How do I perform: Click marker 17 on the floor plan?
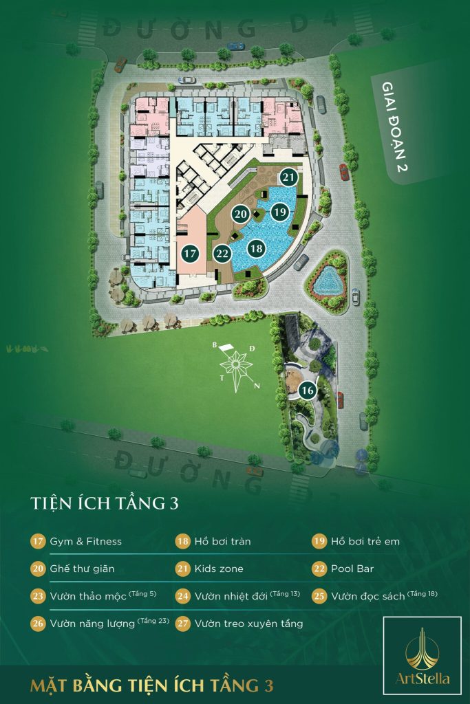pos(191,253)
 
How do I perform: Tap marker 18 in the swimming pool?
pos(256,248)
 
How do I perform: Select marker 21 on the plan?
pos(289,177)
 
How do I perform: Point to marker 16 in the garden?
pos(308,390)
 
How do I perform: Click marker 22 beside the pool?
pos(222,253)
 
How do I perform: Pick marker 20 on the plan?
pos(240,214)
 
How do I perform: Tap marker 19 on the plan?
pos(279,212)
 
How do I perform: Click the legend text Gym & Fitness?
pos(85,542)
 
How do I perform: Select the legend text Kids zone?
pos(219,569)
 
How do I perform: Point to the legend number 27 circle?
pos(182,624)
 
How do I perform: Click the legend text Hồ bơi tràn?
pos(222,542)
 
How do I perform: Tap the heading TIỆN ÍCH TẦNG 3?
pos(105,503)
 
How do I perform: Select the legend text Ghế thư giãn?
pos(82,569)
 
